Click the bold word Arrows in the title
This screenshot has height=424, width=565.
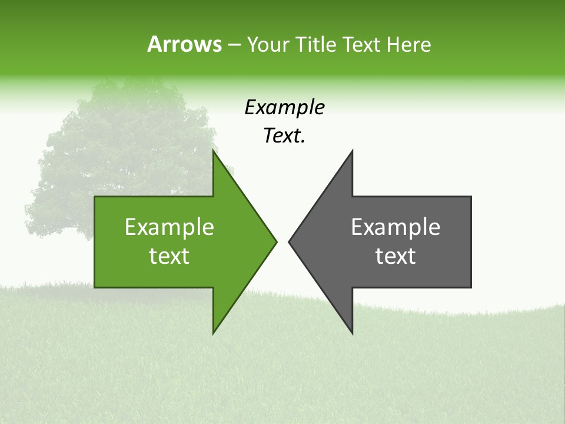pyautogui.click(x=184, y=44)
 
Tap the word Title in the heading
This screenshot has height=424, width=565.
pyautogui.click(x=315, y=44)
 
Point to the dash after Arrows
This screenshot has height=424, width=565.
pyautogui.click(x=233, y=45)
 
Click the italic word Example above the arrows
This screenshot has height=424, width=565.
pyautogui.click(x=284, y=107)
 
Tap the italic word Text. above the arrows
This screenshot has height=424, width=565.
pyautogui.click(x=284, y=136)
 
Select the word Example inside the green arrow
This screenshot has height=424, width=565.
pyautogui.click(x=169, y=227)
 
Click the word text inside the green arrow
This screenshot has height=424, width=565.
pyautogui.click(x=169, y=256)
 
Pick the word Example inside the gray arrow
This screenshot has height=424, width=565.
pyautogui.click(x=395, y=227)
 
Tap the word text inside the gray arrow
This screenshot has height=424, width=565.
pyautogui.click(x=395, y=256)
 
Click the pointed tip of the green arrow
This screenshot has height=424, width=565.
pyautogui.click(x=277, y=241)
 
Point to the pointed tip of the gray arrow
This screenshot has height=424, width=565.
pyautogui.click(x=289, y=241)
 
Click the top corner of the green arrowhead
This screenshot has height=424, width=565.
pyautogui.click(x=213, y=151)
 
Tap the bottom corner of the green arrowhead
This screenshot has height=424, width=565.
pyautogui.click(x=213, y=333)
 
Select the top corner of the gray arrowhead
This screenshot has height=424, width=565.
pyautogui.click(x=352, y=151)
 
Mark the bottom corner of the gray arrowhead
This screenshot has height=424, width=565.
pyautogui.click(x=352, y=333)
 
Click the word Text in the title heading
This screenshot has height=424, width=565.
pyautogui.click(x=363, y=44)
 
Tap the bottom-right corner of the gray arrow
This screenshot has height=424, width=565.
pyautogui.click(x=471, y=287)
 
